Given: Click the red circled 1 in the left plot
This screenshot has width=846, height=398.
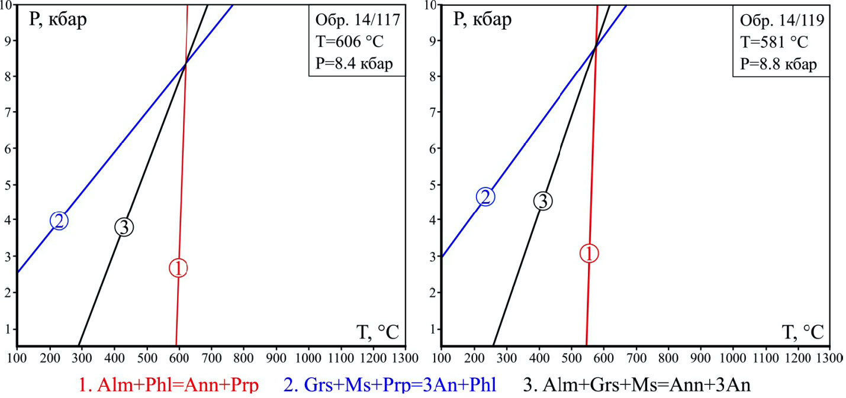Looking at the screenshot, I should pos(178,268).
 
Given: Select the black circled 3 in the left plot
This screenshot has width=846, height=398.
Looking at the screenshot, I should pos(124,226).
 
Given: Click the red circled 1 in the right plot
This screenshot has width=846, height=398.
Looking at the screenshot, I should pos(589,253).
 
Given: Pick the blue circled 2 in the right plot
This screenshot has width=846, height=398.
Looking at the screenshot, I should pos(485,196).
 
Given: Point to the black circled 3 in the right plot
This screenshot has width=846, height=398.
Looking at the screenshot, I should pos(543,201).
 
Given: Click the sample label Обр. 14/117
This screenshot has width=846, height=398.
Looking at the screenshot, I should pos(357,22).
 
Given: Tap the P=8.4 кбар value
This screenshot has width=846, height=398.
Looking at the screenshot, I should pos(356,63).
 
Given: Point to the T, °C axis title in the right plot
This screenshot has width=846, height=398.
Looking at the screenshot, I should pos(802,332).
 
